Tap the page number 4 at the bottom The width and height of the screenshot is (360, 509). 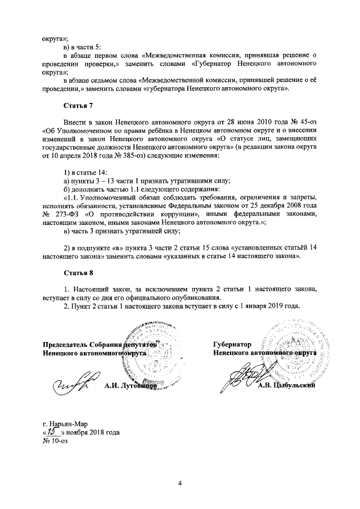tap(180, 483)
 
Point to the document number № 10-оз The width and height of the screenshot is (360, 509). tap(55, 441)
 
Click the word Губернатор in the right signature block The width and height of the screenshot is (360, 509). tap(232, 344)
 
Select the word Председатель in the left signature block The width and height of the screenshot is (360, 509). tap(68, 344)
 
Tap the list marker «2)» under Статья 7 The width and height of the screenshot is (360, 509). tap(66, 248)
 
